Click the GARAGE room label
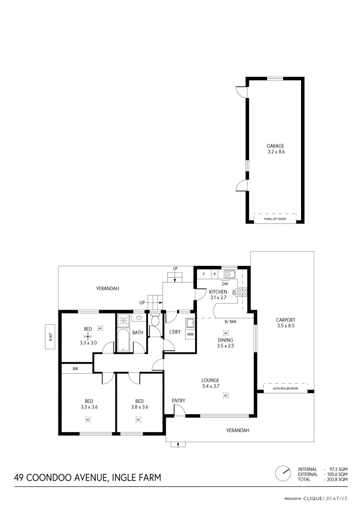(x=276, y=146)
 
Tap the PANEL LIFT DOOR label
(x=276, y=219)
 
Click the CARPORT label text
(x=285, y=320)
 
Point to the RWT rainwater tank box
(x=49, y=337)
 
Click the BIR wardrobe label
(x=75, y=369)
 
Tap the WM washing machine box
(x=190, y=334)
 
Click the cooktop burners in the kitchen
(x=243, y=292)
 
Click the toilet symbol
(x=155, y=320)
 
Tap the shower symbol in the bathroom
(x=124, y=320)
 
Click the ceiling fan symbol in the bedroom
(x=88, y=336)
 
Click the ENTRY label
(x=179, y=401)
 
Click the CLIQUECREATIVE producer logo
(x=325, y=498)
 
